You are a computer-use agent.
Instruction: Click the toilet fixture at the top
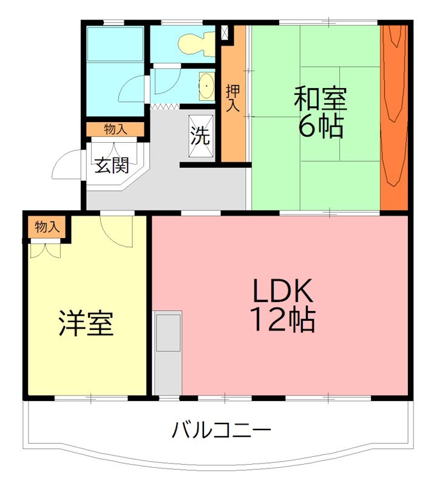(195, 42)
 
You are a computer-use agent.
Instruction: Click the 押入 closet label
(233, 97)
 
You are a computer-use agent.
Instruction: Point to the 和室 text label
(320, 99)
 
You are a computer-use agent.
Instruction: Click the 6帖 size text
(320, 126)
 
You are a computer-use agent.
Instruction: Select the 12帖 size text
(283, 320)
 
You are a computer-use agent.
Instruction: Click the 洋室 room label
(86, 323)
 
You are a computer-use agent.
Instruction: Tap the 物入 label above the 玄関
(115, 129)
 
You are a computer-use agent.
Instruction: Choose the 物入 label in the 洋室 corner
(47, 227)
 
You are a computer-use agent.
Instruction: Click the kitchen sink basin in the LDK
(168, 332)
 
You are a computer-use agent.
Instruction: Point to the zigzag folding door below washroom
(165, 107)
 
